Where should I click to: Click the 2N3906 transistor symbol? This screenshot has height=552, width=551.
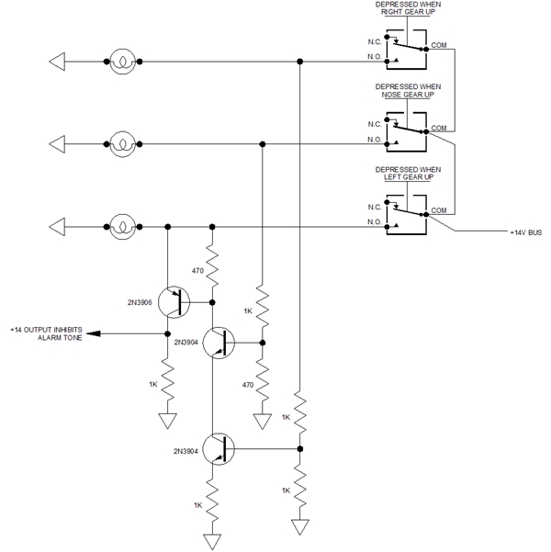point(172,301)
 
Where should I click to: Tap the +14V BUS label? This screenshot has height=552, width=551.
point(526,234)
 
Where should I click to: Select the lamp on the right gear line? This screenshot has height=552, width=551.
point(122,62)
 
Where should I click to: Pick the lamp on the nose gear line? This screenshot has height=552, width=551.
point(122,144)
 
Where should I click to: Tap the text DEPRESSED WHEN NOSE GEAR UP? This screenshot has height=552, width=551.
point(408,89)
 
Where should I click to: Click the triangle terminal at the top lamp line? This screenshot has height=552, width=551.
point(57,62)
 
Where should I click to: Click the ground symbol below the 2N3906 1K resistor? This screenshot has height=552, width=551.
point(167,421)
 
